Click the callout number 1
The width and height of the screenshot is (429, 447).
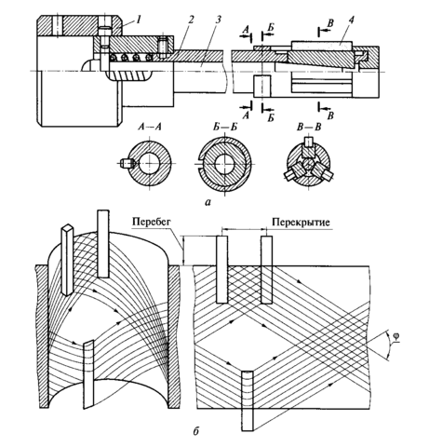point(138,20)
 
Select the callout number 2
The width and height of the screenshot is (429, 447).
point(191,20)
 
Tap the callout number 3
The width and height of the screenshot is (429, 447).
point(218,20)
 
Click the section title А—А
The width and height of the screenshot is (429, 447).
point(150,127)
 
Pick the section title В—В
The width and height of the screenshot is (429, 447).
point(309,127)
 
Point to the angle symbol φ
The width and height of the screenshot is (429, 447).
point(395,337)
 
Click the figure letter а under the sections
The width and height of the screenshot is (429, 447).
point(208,202)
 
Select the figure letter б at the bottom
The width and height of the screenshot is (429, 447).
point(195,431)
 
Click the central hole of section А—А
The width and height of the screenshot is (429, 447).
point(150,164)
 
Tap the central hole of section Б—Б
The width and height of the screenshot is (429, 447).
point(224,164)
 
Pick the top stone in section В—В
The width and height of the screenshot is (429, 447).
point(308,142)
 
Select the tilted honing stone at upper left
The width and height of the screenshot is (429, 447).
point(67,260)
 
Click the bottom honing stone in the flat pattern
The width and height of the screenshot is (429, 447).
point(248,400)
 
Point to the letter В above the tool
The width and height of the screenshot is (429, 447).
point(330,23)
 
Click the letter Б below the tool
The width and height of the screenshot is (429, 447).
point(271,117)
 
